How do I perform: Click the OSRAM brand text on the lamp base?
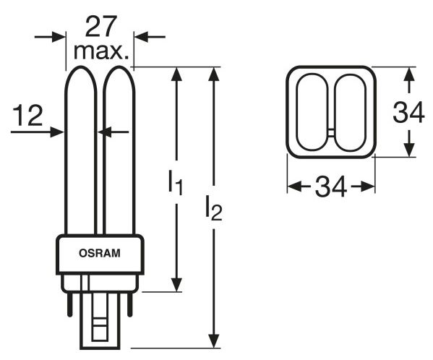point(100,253)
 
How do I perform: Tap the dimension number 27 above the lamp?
point(100,27)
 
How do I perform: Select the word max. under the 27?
point(101,51)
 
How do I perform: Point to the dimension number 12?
point(27,116)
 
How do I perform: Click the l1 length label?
point(176,183)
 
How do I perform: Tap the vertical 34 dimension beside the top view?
point(408,112)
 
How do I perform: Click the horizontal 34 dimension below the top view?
point(331,187)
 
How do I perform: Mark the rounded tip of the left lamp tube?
point(81,67)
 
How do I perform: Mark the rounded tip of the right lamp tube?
point(119,67)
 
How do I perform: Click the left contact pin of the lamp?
point(70,304)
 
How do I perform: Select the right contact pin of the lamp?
point(129,304)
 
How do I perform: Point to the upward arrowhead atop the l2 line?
point(213,74)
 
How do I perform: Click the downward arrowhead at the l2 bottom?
point(213,341)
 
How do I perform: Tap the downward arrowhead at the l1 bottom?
point(176,285)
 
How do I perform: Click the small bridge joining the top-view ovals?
point(331,133)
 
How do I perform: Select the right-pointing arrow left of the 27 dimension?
point(50,36)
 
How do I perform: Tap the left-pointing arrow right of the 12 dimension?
point(113,132)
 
